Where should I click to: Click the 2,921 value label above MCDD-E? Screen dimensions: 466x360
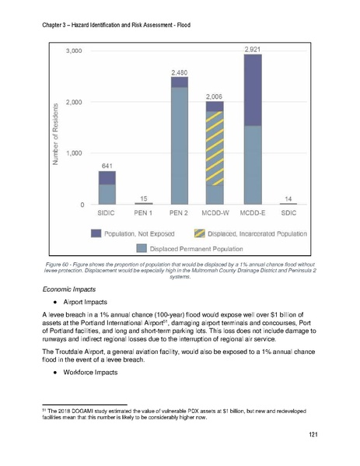[x=252, y=49]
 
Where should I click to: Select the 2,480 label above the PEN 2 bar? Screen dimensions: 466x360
[x=180, y=72]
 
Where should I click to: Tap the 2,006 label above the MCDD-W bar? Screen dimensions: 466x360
[x=215, y=96]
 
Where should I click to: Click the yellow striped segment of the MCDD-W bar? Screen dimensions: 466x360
[x=215, y=148]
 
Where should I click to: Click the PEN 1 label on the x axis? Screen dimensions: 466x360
[x=143, y=212]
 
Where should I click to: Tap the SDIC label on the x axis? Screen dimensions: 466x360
[x=288, y=212]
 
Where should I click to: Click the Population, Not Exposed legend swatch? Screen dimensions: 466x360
[x=97, y=233]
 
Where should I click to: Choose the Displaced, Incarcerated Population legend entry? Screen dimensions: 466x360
[x=257, y=233]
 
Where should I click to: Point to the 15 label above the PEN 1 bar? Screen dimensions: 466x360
[x=143, y=198]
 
